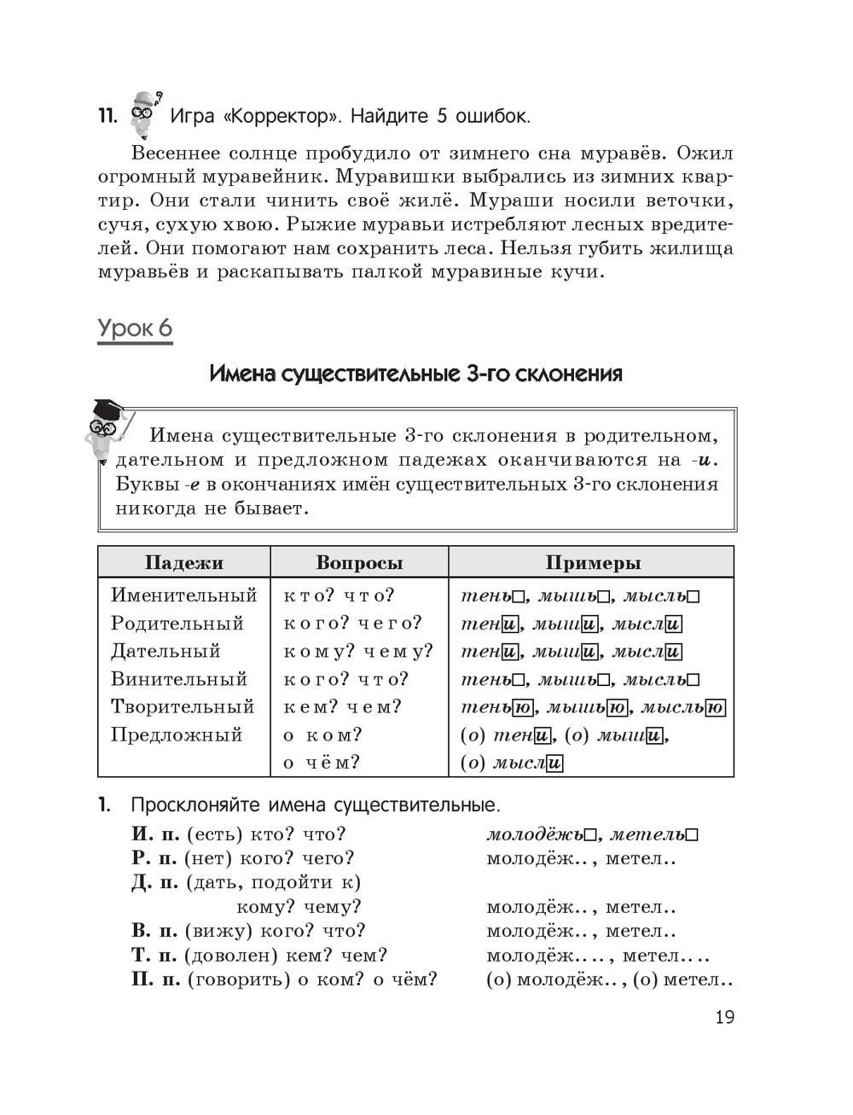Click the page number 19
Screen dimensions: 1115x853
724,1017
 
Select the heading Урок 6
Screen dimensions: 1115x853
135,328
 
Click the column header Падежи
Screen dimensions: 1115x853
183,563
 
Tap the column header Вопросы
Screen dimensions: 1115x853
359,563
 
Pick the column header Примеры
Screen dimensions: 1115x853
592,563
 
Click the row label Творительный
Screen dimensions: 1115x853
183,706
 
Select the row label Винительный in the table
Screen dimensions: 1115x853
179,679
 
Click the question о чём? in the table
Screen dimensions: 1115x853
322,763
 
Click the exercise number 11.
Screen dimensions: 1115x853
107,116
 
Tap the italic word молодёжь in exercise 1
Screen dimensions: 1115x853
535,834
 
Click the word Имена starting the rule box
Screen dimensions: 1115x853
181,436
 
